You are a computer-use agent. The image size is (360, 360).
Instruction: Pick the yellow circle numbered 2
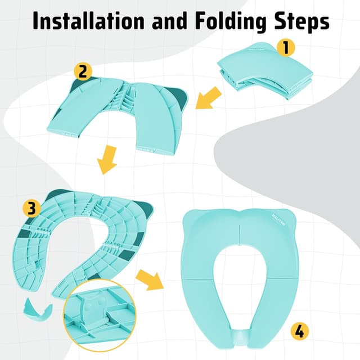(x=83, y=72)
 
